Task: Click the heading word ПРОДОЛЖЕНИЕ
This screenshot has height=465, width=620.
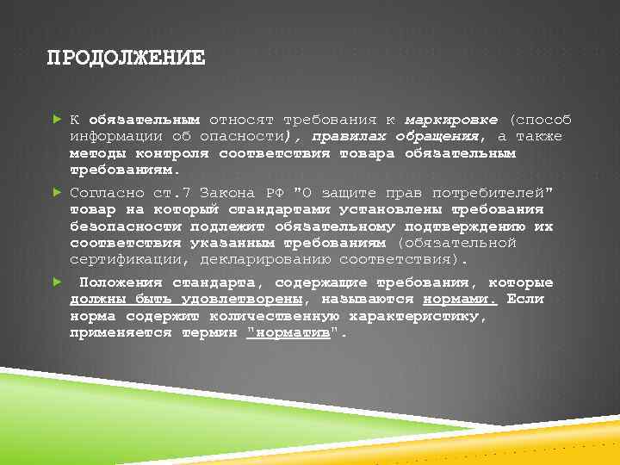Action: point(126,59)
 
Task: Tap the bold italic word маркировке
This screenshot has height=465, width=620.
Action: point(451,120)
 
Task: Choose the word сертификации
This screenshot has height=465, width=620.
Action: point(130,259)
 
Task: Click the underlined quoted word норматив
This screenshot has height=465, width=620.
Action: point(288,333)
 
